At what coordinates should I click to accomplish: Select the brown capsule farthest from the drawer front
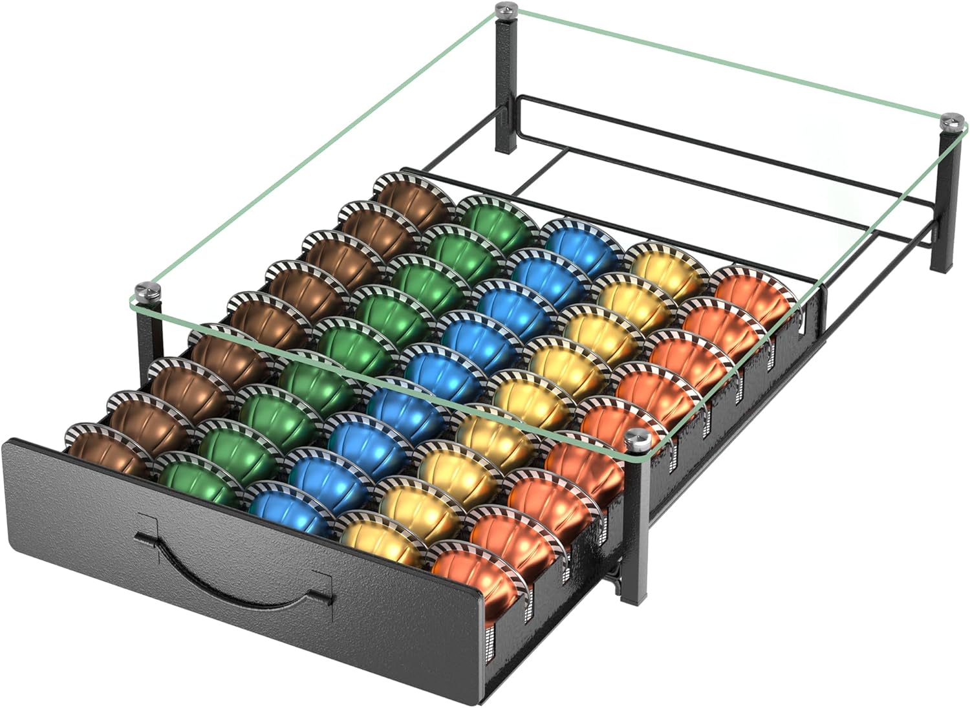click(414, 197)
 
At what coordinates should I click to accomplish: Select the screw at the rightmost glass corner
click(951, 120)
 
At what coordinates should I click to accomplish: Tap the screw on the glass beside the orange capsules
click(636, 438)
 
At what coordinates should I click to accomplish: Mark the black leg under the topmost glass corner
click(504, 84)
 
